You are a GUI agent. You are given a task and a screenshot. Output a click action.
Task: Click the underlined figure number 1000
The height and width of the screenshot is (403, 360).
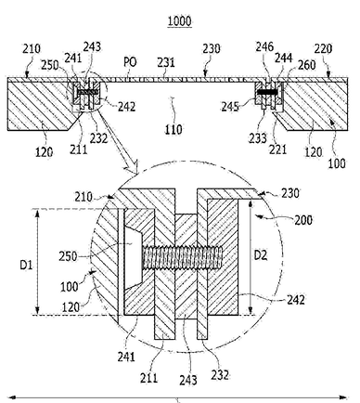coord(179,21)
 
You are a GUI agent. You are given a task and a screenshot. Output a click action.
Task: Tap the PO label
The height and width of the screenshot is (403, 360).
coord(130,62)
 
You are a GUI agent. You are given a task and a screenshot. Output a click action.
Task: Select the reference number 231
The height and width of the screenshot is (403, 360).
coord(166,62)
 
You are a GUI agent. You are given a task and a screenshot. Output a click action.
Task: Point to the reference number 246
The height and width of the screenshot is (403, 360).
coord(264,46)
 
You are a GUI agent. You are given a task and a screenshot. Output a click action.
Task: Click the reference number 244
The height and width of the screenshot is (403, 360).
coord(284,58)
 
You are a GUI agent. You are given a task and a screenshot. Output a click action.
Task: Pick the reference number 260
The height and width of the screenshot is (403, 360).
coord(307,65)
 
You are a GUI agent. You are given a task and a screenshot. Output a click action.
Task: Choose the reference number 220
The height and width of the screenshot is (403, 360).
coord(323,48)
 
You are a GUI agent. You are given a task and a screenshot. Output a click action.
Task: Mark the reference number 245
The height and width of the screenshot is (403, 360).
coord(230,107)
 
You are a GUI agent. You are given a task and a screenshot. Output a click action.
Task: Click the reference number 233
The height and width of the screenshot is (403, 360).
coord(257,138)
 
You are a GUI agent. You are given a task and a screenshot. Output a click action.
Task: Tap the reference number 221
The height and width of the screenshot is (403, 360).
coord(277,149)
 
